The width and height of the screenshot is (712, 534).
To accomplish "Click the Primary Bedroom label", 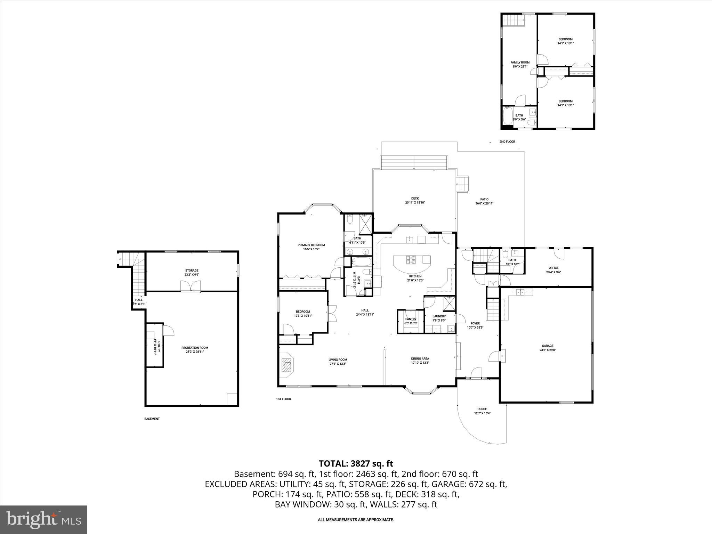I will tap(311, 245).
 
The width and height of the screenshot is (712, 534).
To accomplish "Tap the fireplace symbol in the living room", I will tap(286, 365).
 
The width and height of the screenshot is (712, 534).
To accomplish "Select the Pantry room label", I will tap(411, 319).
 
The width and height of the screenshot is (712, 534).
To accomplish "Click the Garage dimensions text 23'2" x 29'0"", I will tap(548, 350).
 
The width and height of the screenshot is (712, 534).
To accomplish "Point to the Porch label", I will tap(482, 409).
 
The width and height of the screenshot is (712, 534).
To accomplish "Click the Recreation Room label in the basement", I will tap(195, 348).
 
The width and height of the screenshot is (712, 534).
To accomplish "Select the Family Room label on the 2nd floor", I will tap(520, 63).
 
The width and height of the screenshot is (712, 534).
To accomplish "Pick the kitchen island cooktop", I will tap(411, 259).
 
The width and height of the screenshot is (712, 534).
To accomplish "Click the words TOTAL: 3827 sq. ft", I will tap(356, 463).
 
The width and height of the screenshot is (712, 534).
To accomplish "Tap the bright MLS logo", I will tap(43, 519).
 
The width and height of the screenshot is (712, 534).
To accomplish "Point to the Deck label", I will tap(415, 199).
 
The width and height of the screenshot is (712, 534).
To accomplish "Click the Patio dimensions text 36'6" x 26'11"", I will tap(484, 204).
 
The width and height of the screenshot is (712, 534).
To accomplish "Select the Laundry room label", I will tap(439, 316).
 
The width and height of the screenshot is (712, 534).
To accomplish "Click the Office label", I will tap(553, 268).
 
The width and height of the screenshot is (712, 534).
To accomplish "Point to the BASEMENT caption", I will tap(152, 419).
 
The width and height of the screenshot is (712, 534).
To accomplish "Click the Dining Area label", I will tap(420, 358).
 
